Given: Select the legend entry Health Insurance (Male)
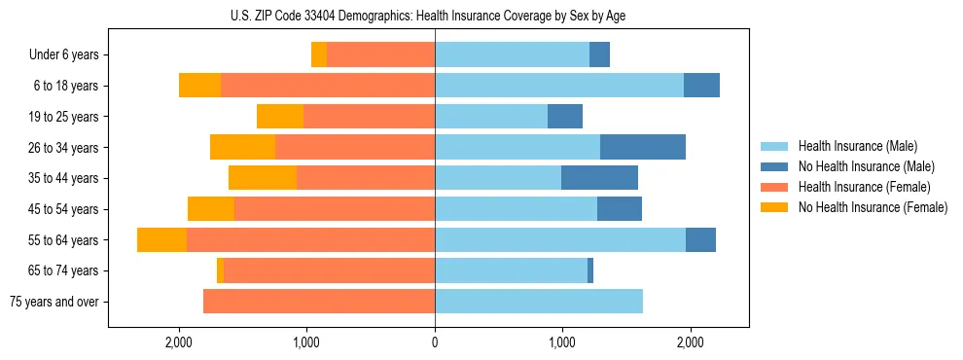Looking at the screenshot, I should [x=857, y=146].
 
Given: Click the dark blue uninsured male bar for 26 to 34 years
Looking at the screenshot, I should [x=643, y=147].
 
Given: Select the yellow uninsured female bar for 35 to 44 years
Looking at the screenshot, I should [x=263, y=178].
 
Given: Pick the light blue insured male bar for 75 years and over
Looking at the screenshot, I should [x=539, y=302].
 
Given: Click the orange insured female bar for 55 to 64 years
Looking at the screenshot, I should [x=310, y=239].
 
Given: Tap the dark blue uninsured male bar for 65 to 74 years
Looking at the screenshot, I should [x=590, y=270].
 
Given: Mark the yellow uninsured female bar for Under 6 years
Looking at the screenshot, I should [x=319, y=55].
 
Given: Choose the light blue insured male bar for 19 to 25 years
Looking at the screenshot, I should [x=491, y=117].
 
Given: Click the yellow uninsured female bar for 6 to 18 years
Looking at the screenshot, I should [x=199, y=86].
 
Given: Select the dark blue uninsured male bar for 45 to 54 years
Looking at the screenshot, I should [x=620, y=209].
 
